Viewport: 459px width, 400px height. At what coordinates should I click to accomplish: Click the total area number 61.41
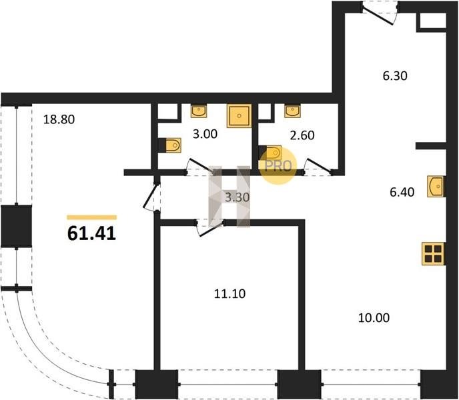(91, 233)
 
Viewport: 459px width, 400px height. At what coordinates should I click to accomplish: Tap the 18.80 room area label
(59, 119)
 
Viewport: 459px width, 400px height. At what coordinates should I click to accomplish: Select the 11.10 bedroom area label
(229, 293)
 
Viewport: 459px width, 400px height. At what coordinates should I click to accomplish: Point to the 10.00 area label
(374, 317)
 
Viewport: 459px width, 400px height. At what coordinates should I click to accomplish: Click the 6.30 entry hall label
(395, 76)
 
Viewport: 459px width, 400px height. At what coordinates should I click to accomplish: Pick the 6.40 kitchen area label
(402, 192)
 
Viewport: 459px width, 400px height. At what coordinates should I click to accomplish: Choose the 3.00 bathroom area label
(205, 134)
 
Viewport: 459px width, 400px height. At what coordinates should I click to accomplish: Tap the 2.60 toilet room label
(302, 135)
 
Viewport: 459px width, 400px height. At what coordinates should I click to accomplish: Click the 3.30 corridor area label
(237, 197)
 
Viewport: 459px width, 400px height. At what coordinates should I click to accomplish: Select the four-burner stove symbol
(434, 254)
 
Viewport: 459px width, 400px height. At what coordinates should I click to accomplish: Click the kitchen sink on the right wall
(436, 186)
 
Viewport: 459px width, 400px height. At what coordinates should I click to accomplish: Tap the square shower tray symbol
(239, 116)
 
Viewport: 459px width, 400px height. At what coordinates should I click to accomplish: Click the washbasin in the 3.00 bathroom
(199, 111)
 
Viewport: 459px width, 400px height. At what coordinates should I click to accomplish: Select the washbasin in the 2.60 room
(292, 111)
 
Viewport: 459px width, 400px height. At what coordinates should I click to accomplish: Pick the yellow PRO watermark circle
(278, 165)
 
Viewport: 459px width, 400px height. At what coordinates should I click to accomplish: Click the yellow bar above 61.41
(91, 217)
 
